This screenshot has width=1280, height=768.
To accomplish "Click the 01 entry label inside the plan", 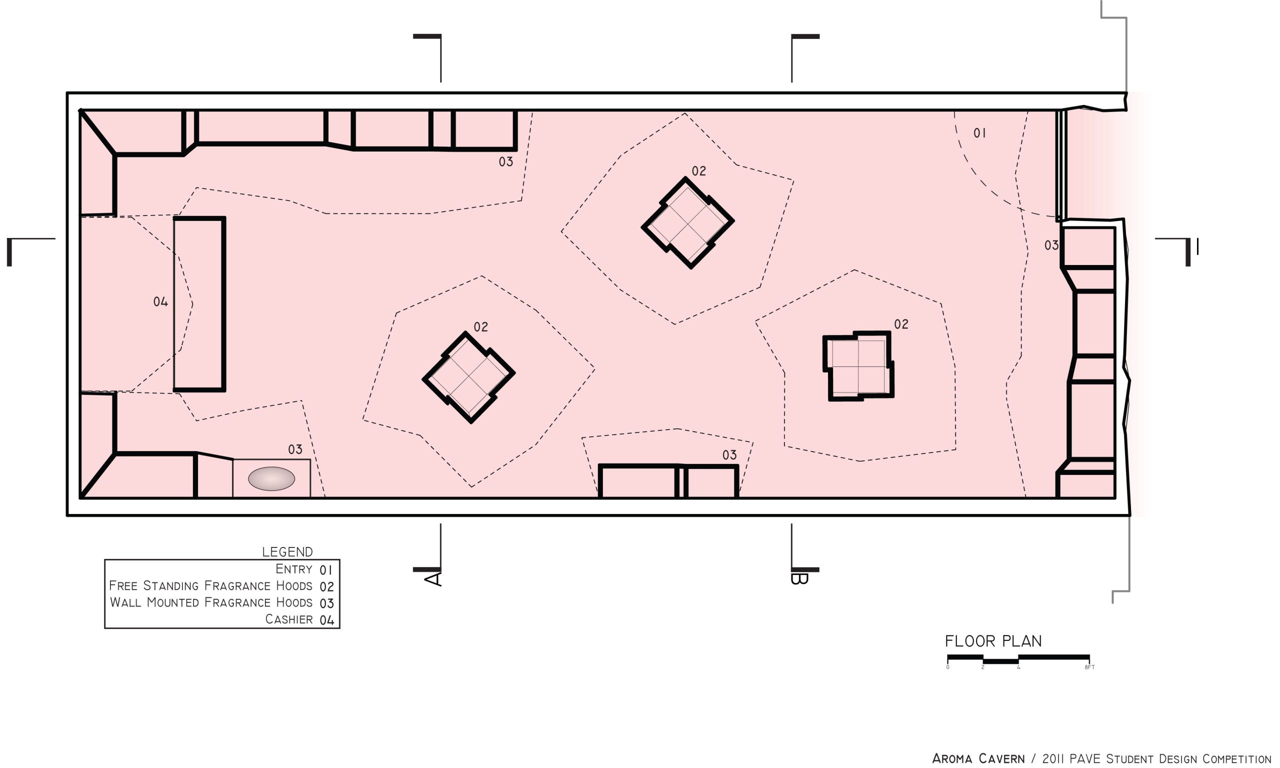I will pos(979,133).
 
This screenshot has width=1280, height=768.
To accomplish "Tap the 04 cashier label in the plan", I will pos(160,301).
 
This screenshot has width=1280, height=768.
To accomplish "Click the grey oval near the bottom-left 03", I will pos(271,478).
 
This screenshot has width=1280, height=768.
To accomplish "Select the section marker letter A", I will pos(433,578).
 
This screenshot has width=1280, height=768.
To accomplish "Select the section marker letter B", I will pos(799,578).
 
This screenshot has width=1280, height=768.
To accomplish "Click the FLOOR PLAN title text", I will pos(993,641).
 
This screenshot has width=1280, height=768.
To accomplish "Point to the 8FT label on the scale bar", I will pos(1089,667).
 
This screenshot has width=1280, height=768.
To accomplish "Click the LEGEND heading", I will pos(287,551).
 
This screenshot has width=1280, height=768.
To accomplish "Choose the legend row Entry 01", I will pos(303,569).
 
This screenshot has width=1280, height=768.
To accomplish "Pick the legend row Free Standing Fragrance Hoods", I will pos(221,586).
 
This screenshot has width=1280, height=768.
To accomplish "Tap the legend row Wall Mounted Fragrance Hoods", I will pos(221,602).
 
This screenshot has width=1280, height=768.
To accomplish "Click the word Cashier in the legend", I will pos(288,619).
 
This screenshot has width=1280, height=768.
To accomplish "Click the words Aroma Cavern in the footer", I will pos(978,758).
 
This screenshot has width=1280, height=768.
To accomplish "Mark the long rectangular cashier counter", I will pos(199,304).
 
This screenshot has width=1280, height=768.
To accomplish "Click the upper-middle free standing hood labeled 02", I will pos(687,223).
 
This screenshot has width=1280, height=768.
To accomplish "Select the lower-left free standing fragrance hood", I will pos(468,378).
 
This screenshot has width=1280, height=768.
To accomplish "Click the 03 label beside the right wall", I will pos(1051,245).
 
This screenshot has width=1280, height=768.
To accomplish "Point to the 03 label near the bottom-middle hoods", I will pos(729,455).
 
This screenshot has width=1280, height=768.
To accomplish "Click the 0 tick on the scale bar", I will pos(947,667).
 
